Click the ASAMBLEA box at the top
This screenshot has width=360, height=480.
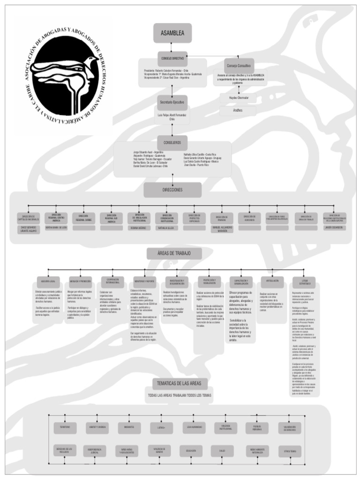[172, 33]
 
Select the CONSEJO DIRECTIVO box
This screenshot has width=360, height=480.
[172, 59]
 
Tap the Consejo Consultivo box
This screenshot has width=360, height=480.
[239, 66]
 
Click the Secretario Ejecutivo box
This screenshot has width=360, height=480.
[172, 102]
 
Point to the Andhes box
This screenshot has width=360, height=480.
[238, 111]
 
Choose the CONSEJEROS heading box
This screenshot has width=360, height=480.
[172, 142]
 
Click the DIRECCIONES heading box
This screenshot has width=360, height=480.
[172, 190]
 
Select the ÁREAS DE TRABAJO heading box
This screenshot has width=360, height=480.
[174, 253]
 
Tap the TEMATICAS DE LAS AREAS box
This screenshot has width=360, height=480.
[179, 383]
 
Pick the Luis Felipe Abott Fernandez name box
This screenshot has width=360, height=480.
[172, 117]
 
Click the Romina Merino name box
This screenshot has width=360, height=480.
[140, 228]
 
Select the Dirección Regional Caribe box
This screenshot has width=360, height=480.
[84, 218]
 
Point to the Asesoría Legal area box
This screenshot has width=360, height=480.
[48, 281]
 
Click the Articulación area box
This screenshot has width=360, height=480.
[272, 281]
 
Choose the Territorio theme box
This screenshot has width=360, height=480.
[65, 427]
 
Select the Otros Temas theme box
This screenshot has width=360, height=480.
[290, 451]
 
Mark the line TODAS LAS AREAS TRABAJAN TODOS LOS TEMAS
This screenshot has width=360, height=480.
[180, 395]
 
